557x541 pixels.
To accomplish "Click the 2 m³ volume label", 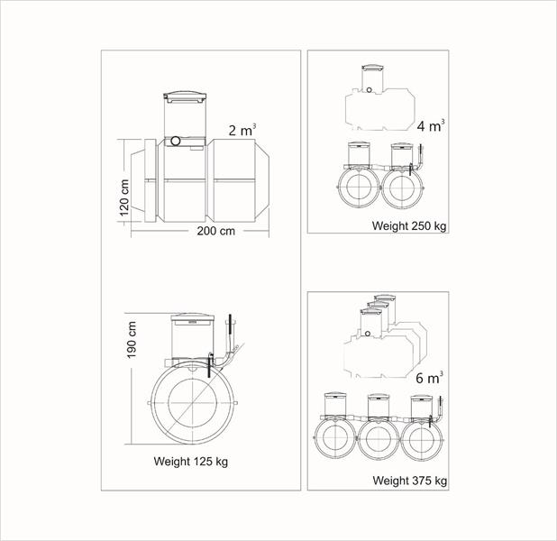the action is click(x=242, y=130).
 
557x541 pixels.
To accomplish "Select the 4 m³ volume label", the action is click(x=431, y=125).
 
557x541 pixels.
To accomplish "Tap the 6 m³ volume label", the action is click(x=430, y=378).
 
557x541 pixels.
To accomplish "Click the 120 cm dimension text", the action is click(x=124, y=197).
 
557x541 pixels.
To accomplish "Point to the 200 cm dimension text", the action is click(x=216, y=231).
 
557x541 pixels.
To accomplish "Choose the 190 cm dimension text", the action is click(x=132, y=340).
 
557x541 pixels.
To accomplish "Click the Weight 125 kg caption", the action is click(x=191, y=462).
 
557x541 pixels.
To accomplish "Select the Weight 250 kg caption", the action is click(x=409, y=225).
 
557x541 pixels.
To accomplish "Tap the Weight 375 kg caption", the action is click(x=409, y=481).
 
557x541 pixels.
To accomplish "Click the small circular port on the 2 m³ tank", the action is click(x=176, y=141).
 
